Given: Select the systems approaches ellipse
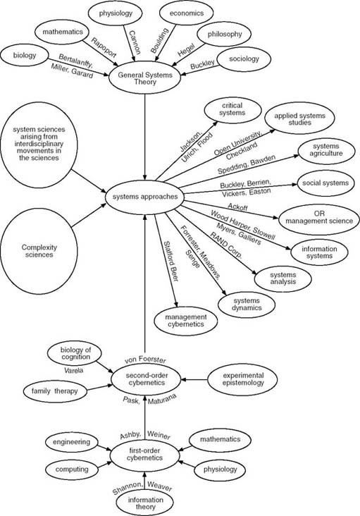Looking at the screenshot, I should (144, 195).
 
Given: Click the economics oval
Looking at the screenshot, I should (182, 12).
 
